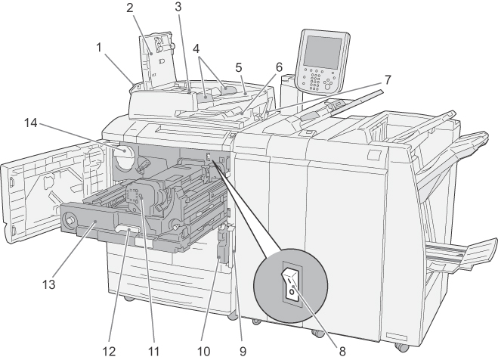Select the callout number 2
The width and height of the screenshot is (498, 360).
(x=130, y=8)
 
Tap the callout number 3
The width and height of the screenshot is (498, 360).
(x=178, y=8)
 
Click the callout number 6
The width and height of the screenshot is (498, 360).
(x=279, y=67)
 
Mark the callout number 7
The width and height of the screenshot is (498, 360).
(x=388, y=78)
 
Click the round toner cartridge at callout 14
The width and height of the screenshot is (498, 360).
(x=123, y=159)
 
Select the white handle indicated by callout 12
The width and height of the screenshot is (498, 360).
(x=128, y=227)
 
